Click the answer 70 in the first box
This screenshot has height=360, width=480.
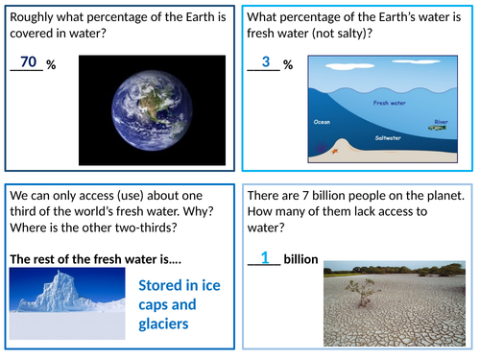29,61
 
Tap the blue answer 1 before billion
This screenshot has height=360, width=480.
264,257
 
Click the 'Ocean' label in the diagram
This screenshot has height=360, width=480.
323,122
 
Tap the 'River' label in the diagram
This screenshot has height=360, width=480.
441,121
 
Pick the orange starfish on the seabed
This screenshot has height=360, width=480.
335,149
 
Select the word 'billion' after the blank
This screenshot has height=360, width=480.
300,260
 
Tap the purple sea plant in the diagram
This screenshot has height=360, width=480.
319,150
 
